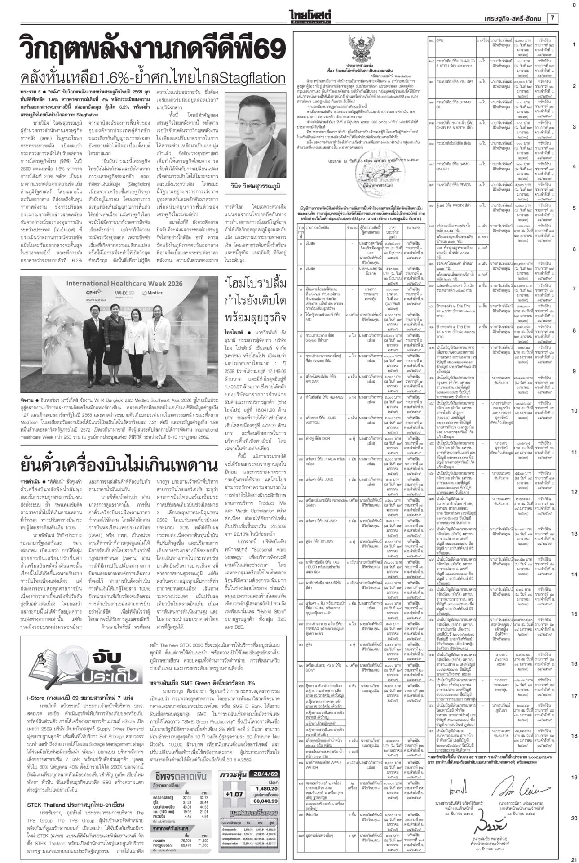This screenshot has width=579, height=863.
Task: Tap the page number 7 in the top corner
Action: click(552, 18)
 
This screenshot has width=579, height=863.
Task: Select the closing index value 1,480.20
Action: click(267, 788)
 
